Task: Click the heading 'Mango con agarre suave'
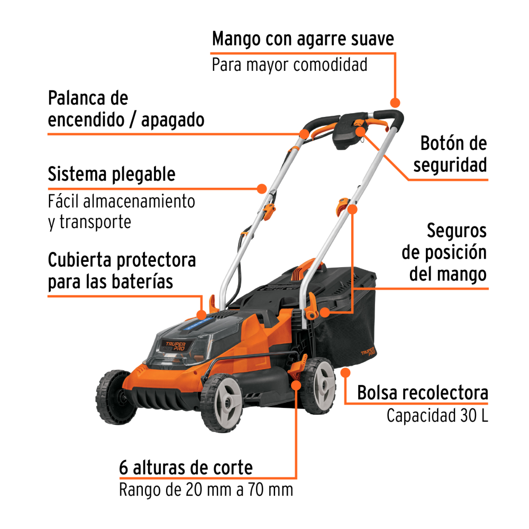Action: click(303, 40)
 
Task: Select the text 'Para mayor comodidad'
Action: click(289, 65)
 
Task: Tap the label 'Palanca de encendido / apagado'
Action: click(126, 109)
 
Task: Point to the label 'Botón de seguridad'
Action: click(453, 154)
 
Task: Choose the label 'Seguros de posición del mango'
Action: click(444, 252)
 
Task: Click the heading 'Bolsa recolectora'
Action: click(422, 393)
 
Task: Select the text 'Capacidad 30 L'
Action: click(437, 416)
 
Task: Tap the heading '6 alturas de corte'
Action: click(186, 468)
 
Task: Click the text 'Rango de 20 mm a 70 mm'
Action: click(206, 490)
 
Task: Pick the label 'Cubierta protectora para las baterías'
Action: click(122, 270)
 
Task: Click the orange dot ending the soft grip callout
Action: click(394, 102)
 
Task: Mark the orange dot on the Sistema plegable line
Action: click(261, 188)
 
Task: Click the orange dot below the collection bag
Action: click(346, 373)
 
